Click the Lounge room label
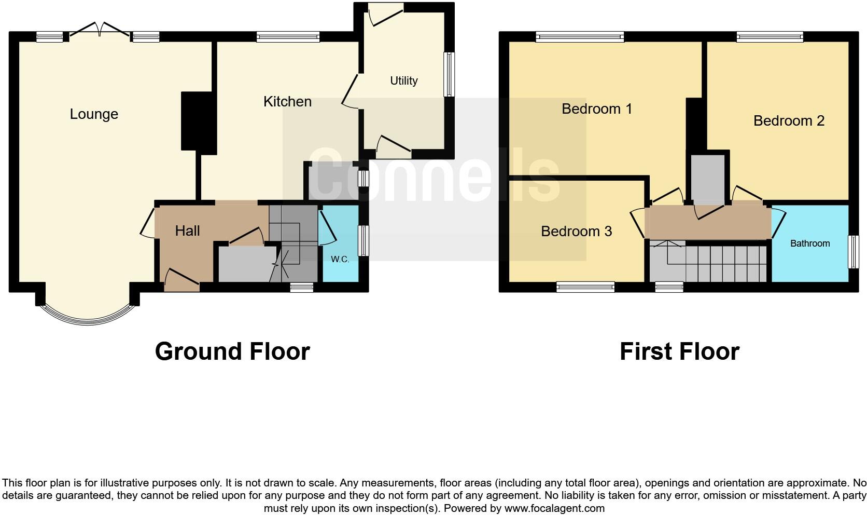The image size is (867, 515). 94,114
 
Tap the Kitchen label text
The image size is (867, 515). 287,102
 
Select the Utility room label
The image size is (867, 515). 403,80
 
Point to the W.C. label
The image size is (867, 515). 340,259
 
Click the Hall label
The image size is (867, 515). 187,231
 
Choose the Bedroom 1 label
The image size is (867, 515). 596,109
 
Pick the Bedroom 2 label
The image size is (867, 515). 788,121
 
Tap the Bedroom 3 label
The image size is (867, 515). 576,231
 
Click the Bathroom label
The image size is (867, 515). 809,243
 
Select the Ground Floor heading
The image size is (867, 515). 232,351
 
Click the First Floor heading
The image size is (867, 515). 679,351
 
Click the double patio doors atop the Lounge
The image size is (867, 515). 99,30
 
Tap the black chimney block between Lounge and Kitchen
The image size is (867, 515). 198,122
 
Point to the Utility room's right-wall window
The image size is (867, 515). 449,74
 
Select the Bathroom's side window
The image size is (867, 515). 853,252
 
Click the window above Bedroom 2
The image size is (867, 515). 770,36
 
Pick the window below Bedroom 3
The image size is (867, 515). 585,287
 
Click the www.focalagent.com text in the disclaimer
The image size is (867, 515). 554,508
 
